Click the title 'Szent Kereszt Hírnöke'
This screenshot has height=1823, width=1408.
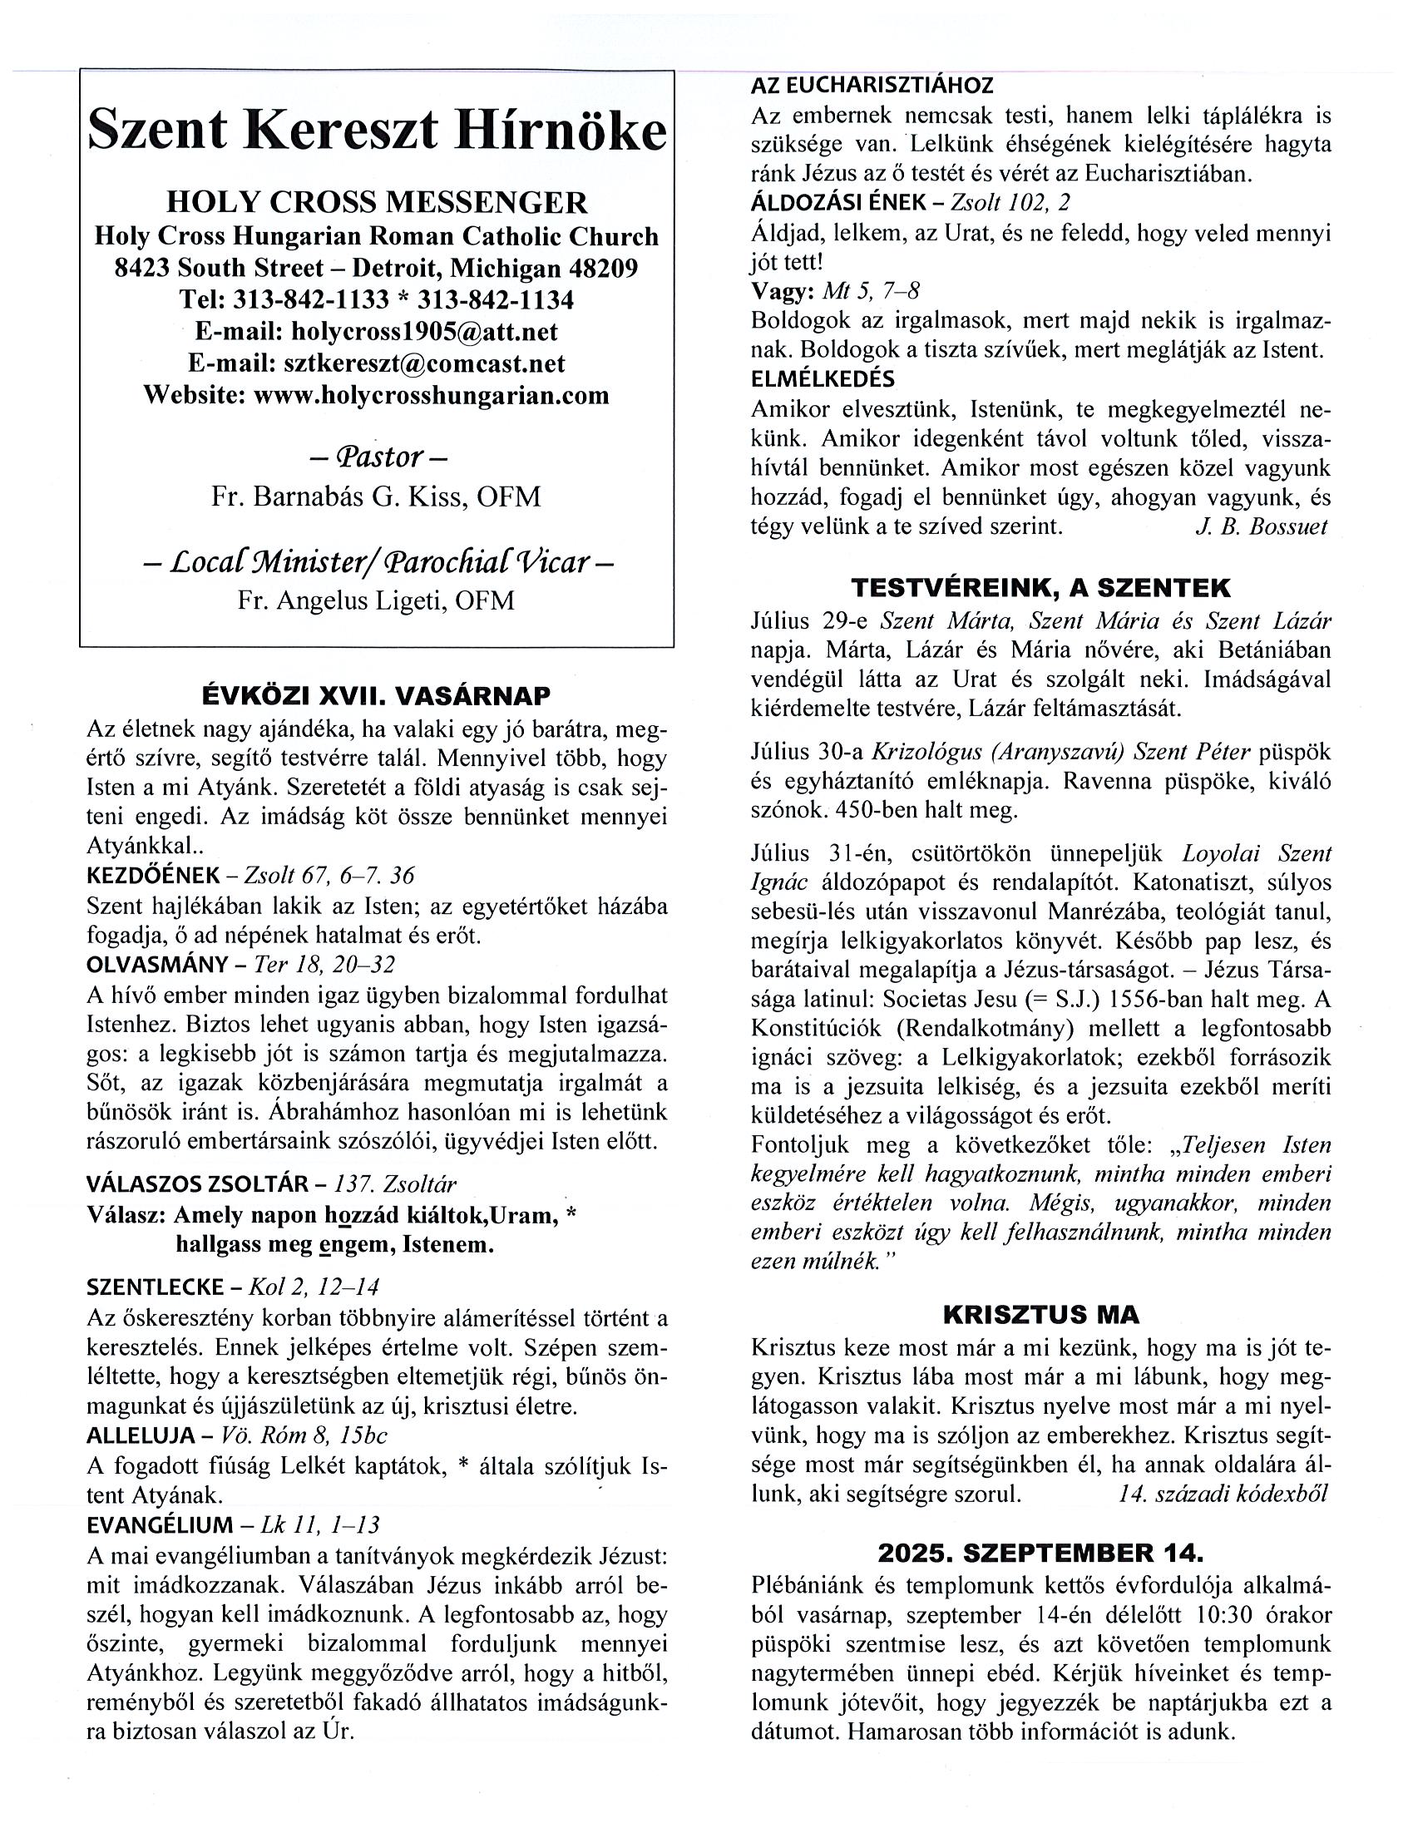coord(377,132)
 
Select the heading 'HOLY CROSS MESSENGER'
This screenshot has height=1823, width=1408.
coord(377,203)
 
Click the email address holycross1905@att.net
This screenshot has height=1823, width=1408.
coord(425,331)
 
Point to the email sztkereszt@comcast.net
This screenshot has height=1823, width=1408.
coord(424,363)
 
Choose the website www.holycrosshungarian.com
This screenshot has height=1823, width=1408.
coord(432,395)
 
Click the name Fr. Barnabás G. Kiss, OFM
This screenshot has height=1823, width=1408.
coord(377,497)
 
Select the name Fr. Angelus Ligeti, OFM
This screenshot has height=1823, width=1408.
coord(377,600)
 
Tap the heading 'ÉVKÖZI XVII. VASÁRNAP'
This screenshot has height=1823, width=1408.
coord(377,695)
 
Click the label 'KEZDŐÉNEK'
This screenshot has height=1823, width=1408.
coord(154,876)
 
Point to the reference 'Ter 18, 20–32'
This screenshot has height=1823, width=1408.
coord(324,965)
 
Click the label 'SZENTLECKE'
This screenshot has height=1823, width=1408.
coord(156,1287)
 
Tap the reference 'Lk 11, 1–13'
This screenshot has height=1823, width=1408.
coord(319,1525)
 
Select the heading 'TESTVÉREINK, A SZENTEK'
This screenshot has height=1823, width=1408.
coord(1040,589)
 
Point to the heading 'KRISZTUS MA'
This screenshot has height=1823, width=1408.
coord(1040,1315)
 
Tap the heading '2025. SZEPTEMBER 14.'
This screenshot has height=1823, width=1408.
coord(1040,1554)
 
